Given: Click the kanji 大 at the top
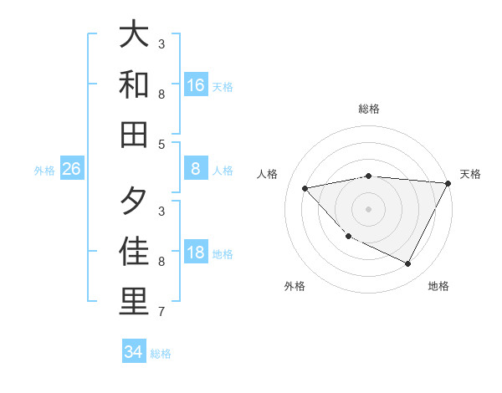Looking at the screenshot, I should click(x=135, y=35).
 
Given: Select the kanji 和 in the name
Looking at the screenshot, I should click(x=135, y=84).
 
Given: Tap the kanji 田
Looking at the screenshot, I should click(x=135, y=133).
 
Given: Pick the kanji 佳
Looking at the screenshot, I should click(x=135, y=252).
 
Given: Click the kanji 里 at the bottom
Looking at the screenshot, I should click(x=135, y=301).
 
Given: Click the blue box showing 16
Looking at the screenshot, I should click(x=196, y=85).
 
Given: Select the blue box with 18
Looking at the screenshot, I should click(x=196, y=253).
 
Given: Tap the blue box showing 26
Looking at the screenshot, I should click(x=72, y=170).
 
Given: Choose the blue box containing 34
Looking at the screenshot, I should click(x=134, y=352).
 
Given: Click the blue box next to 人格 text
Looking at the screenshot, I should click(x=196, y=170).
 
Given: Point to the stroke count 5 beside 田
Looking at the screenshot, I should click(x=161, y=144).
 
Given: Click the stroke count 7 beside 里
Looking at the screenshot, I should click(x=161, y=312).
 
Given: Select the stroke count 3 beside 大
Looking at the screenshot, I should click(x=161, y=43).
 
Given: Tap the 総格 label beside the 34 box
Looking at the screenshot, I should click(x=161, y=353).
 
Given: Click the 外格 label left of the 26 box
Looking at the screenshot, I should click(x=44, y=171).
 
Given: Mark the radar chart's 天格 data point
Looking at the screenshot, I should click(x=448, y=184).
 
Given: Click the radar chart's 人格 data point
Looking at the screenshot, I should click(x=305, y=188).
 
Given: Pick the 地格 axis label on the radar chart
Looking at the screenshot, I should click(x=438, y=286).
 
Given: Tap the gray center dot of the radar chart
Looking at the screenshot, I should click(x=368, y=208).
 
